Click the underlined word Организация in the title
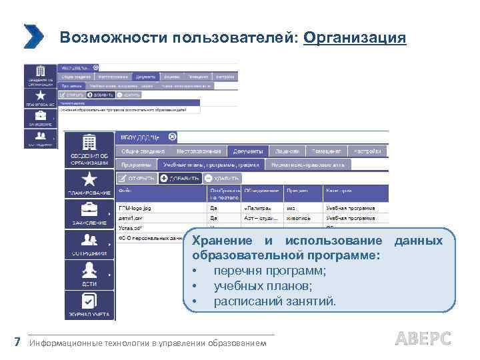pos(354,37)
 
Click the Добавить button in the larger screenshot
pos(179,178)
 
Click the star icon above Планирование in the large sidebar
pos(89,179)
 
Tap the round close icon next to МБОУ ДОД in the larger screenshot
pos(172,137)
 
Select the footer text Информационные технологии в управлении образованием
pos(147,343)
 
